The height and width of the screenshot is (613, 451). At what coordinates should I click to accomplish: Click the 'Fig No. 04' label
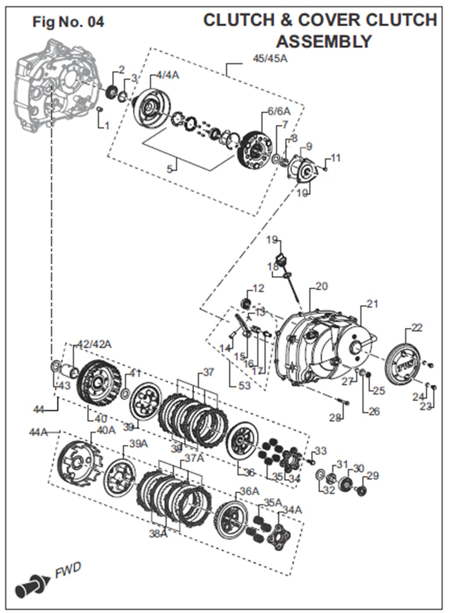pyautogui.click(x=68, y=21)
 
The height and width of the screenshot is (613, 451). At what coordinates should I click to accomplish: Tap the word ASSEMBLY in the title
pyautogui.click(x=324, y=42)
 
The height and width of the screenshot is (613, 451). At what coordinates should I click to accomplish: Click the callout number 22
pyautogui.click(x=417, y=327)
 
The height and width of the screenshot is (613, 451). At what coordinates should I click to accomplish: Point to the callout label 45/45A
pyautogui.click(x=270, y=59)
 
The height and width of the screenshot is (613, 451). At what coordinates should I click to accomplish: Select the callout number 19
pyautogui.click(x=272, y=239)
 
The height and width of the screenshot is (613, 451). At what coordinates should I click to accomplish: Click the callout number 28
pyautogui.click(x=335, y=418)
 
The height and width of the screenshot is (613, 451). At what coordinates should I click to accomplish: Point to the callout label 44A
pyautogui.click(x=38, y=432)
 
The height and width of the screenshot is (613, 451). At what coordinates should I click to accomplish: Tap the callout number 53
pyautogui.click(x=244, y=385)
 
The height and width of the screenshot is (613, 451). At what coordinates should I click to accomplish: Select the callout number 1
pyautogui.click(x=107, y=126)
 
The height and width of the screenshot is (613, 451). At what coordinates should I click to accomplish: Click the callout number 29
pyautogui.click(x=373, y=475)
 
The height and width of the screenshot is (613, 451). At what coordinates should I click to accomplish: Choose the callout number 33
pyautogui.click(x=320, y=450)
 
